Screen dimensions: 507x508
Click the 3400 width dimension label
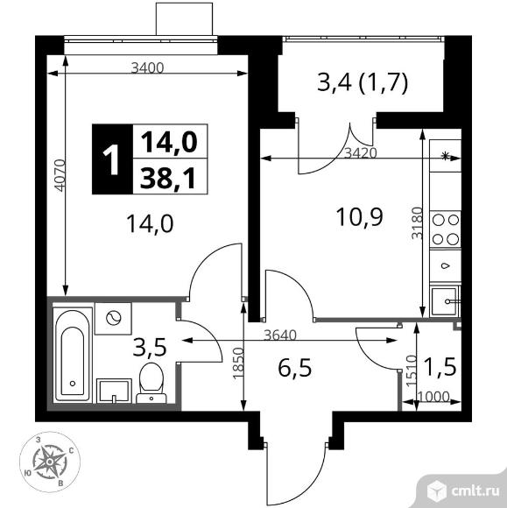point(147,67)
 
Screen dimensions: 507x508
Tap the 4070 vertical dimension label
point(60,175)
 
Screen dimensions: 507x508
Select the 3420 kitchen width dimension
point(361,153)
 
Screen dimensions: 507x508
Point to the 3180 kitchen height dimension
point(417,222)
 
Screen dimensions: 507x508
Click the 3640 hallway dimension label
point(280,335)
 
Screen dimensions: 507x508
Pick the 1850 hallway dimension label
point(238,363)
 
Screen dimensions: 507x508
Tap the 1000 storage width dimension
point(434,396)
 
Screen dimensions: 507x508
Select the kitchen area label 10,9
point(360,216)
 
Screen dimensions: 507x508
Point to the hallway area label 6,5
point(295,368)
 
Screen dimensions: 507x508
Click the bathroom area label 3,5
point(150,347)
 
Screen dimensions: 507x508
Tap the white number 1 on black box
point(112,159)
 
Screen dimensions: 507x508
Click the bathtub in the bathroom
point(73,356)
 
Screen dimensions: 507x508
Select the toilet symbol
point(151,383)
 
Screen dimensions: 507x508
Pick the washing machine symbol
point(113,319)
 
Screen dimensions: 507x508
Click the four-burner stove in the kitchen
point(446,229)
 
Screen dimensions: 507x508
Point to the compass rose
point(50,461)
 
